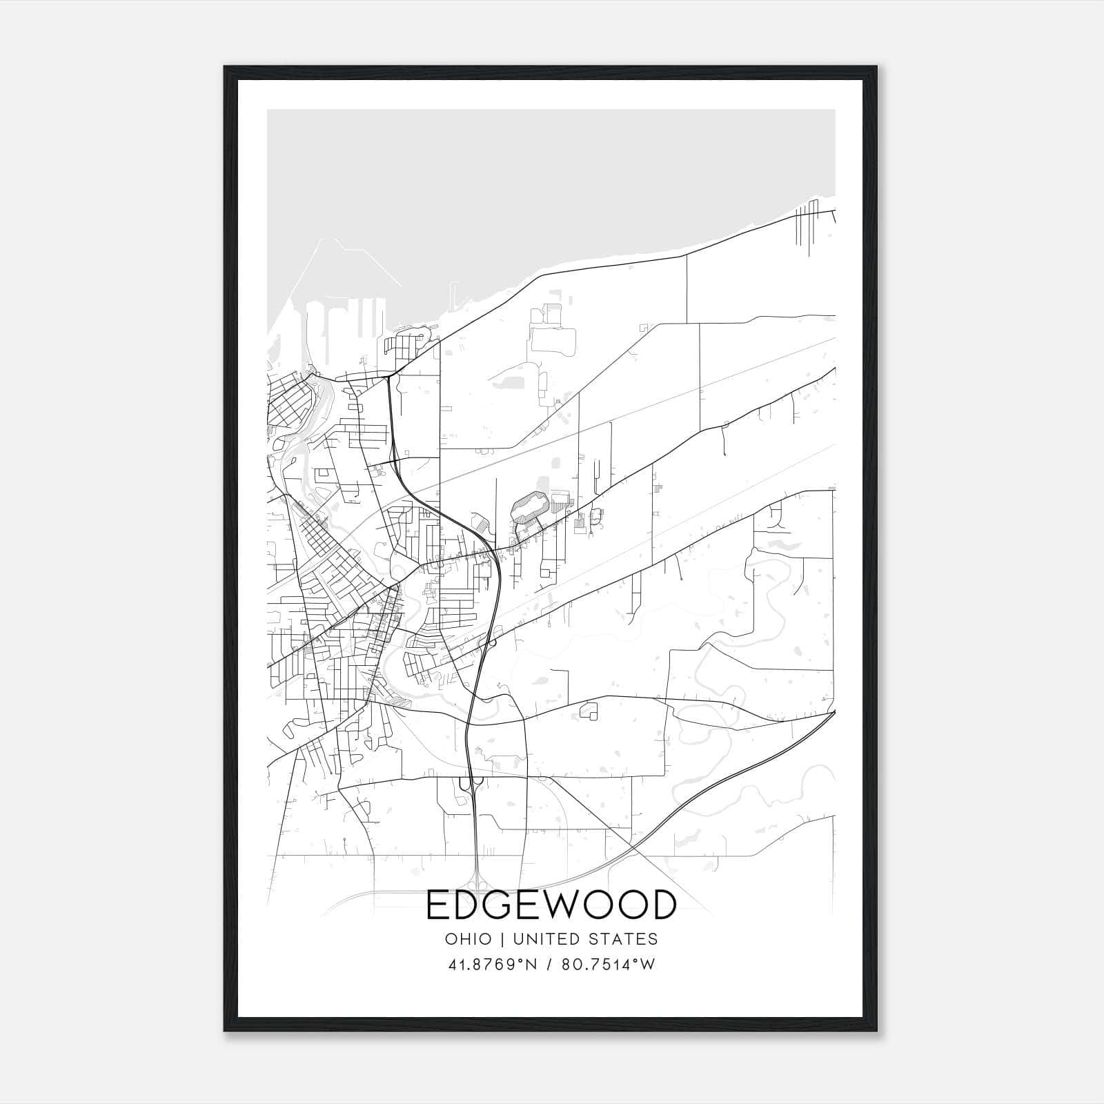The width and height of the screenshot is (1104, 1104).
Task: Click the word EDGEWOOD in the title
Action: coord(551,905)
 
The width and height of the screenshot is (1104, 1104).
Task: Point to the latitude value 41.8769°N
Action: coord(492,965)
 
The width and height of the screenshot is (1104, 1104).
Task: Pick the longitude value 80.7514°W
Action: coord(608,965)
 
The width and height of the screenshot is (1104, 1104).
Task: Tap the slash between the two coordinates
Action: coord(549,965)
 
